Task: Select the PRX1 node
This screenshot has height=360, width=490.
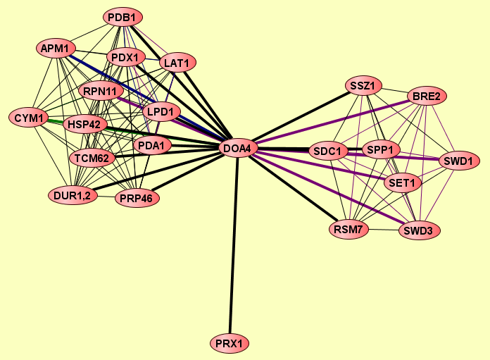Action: pyautogui.click(x=230, y=344)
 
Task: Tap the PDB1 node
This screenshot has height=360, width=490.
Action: pyautogui.click(x=124, y=16)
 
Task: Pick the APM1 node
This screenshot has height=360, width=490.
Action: pyautogui.click(x=56, y=49)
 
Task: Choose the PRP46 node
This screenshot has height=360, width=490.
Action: pyautogui.click(x=137, y=199)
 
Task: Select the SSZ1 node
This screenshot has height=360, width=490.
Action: pyautogui.click(x=365, y=86)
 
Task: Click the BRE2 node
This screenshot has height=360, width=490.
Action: pyautogui.click(x=427, y=96)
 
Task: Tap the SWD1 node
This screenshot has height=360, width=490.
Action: pyautogui.click(x=459, y=161)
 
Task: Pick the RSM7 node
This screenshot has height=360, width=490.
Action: pyautogui.click(x=348, y=229)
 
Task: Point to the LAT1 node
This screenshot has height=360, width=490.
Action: pyautogui.click(x=176, y=63)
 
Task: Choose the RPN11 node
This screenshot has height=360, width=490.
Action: pyautogui.click(x=103, y=92)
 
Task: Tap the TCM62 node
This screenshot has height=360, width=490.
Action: pyautogui.click(x=92, y=158)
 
